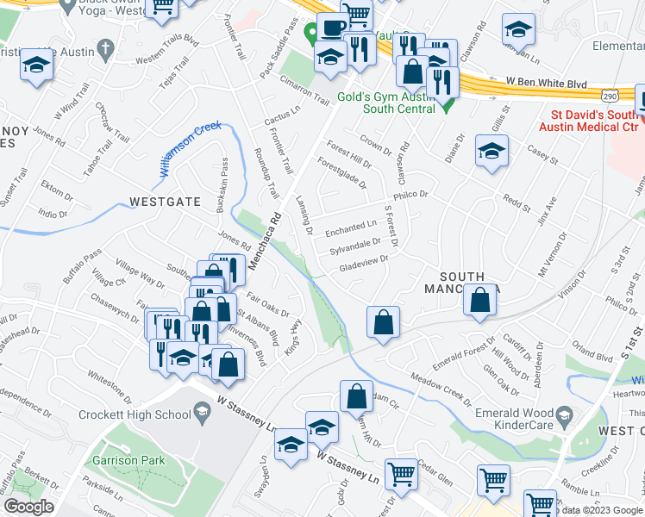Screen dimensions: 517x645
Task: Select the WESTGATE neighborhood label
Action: click(x=165, y=202)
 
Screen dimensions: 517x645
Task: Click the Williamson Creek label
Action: click(x=190, y=149)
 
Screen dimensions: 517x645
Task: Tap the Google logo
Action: click(x=29, y=507)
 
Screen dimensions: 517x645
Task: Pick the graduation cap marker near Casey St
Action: click(x=492, y=152)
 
